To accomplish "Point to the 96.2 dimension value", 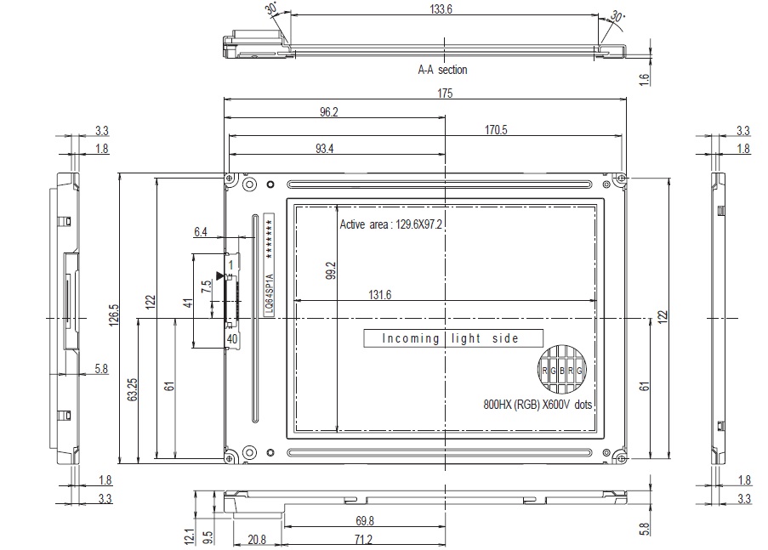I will (x=328, y=111).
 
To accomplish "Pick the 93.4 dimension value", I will (x=324, y=149).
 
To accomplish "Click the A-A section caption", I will (x=442, y=70).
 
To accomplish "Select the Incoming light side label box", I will (x=452, y=338).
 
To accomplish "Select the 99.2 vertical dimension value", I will (x=332, y=270).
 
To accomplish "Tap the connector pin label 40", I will (x=230, y=338).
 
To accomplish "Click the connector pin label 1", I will (x=230, y=265).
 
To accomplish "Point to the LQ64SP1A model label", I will (x=269, y=295).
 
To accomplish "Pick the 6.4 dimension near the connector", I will (x=201, y=231).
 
